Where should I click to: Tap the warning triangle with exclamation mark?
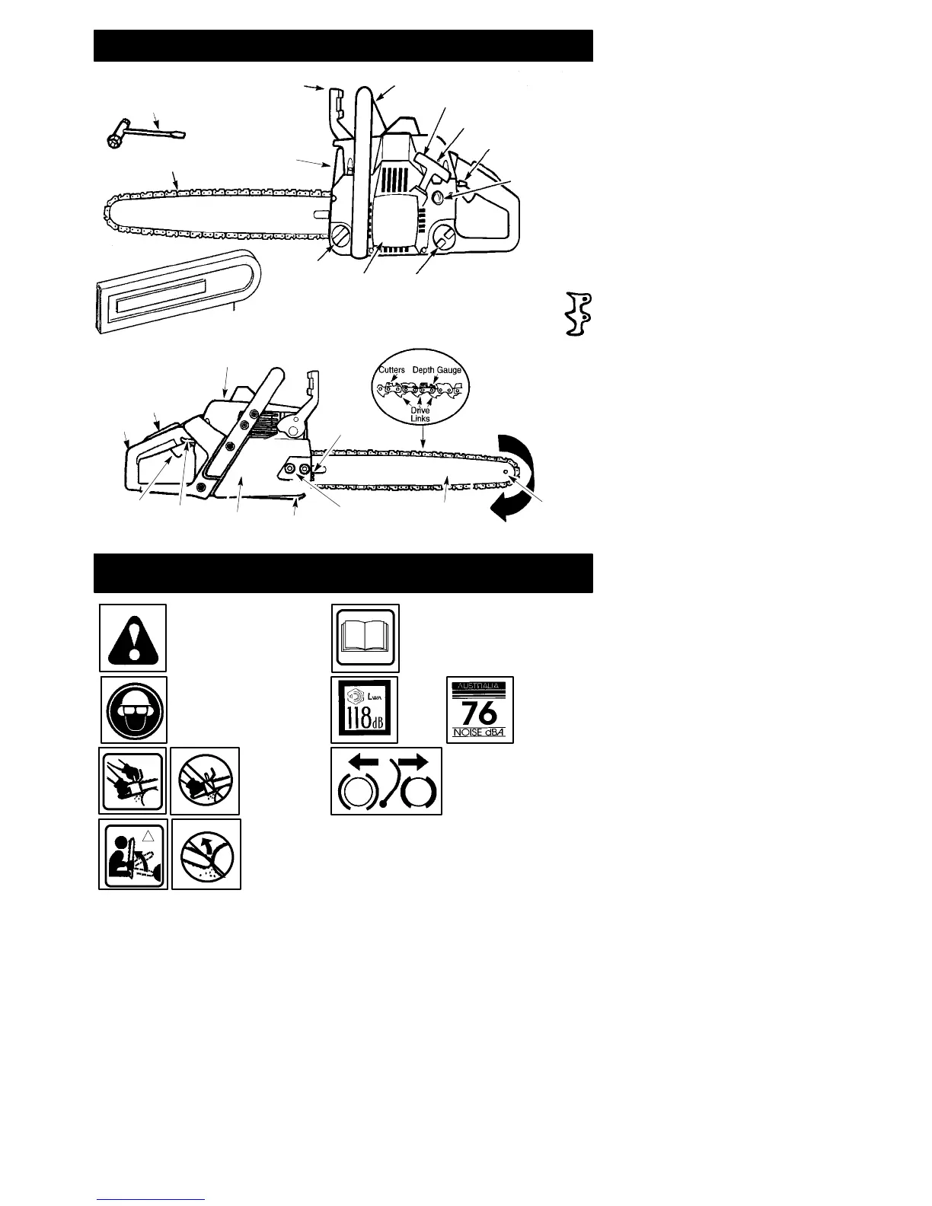[133, 638]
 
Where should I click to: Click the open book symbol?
[365, 638]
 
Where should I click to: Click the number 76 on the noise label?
[480, 713]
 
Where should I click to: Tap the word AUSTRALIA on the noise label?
[480, 686]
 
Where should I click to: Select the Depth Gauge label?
[437, 370]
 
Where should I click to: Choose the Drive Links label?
[420, 414]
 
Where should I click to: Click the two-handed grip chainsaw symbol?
[132, 780]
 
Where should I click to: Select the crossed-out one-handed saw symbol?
[205, 780]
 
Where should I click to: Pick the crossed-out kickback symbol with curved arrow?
[206, 853]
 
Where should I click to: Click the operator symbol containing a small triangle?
[132, 853]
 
